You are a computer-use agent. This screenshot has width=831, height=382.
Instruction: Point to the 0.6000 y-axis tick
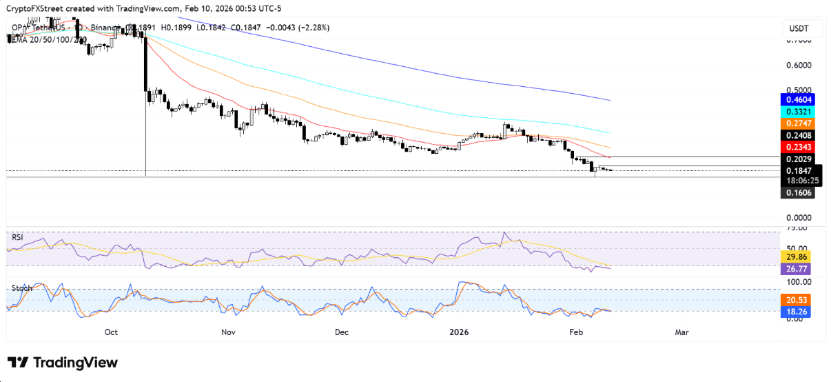pyautogui.click(x=799, y=66)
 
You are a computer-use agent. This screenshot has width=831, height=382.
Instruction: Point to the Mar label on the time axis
pyautogui.click(x=681, y=332)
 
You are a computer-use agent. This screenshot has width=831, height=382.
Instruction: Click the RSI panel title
pyautogui.click(x=17, y=237)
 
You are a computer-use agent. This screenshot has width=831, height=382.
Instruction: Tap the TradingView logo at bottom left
pyautogui.click(x=63, y=363)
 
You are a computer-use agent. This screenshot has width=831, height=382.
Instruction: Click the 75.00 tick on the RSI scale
pyautogui.click(x=798, y=227)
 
